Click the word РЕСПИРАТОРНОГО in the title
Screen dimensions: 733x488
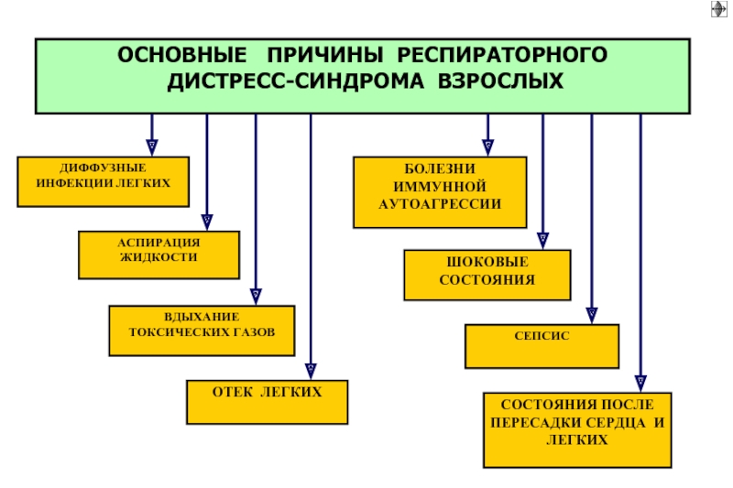(x=502, y=55)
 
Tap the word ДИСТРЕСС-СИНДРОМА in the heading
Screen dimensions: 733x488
(x=295, y=81)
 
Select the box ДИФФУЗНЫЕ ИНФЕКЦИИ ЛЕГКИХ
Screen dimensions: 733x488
(x=104, y=181)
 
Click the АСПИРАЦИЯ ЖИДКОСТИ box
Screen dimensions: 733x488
(x=159, y=255)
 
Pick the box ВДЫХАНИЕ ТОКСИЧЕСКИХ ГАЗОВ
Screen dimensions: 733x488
(x=202, y=331)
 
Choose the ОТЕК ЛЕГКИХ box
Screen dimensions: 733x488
(x=267, y=402)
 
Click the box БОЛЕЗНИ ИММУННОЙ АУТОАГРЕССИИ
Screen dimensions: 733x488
(x=440, y=192)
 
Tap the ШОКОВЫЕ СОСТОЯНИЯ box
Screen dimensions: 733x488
(x=487, y=275)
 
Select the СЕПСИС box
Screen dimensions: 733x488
(x=542, y=346)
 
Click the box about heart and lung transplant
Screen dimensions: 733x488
(x=577, y=429)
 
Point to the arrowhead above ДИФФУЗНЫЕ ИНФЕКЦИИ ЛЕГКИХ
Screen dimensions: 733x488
(x=152, y=147)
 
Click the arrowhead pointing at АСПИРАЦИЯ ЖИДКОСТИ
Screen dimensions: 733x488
(x=207, y=222)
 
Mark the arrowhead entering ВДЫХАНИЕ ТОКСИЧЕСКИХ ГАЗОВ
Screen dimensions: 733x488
(x=256, y=297)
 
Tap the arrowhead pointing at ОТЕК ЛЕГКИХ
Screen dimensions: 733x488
(x=311, y=371)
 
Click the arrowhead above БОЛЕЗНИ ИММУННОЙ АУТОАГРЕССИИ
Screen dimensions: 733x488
(x=488, y=147)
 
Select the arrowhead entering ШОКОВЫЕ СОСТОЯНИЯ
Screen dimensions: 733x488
(x=542, y=241)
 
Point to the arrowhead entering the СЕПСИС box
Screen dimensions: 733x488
(x=592, y=315)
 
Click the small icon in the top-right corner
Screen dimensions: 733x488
(x=719, y=9)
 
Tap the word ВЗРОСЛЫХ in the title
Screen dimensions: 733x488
(x=500, y=81)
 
